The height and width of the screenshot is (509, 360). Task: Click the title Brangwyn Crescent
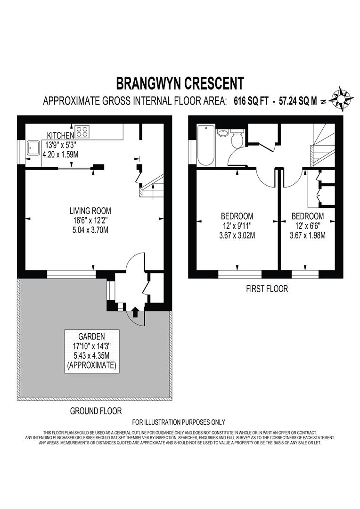[180, 83]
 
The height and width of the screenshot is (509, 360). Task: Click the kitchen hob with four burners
[82, 131]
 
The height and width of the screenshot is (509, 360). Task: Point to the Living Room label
[90, 211]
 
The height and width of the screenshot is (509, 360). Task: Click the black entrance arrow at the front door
[135, 311]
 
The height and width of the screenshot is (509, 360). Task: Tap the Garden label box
[93, 351]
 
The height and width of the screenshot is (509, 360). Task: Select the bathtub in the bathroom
[206, 145]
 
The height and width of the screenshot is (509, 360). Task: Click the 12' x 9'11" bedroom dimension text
[237, 226]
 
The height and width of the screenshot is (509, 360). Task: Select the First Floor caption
[267, 289]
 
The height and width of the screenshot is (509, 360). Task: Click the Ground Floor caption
[96, 411]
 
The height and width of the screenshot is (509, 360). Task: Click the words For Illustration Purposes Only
[179, 422]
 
